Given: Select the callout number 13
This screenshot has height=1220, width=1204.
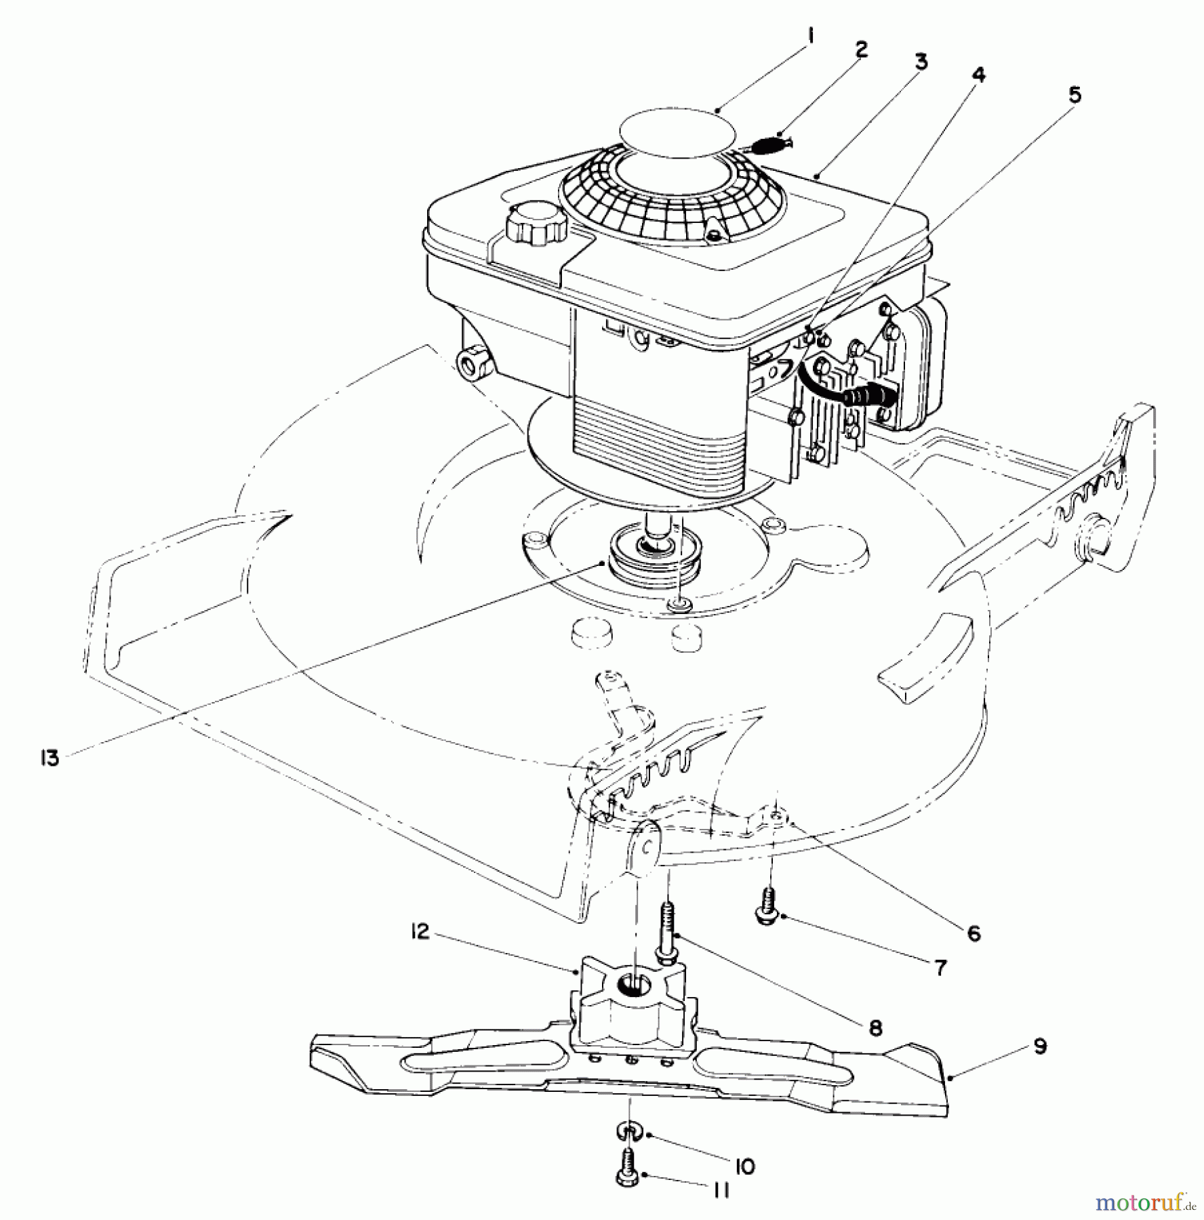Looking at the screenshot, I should pyautogui.click(x=49, y=757).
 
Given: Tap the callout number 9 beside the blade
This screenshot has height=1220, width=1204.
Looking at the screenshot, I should pyautogui.click(x=1039, y=1046).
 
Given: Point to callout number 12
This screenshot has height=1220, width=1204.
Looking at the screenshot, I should pyautogui.click(x=420, y=932).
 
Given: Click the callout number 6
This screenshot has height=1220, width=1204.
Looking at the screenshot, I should pyautogui.click(x=974, y=934).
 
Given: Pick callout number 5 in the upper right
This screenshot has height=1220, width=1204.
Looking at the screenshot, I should pyautogui.click(x=1075, y=96).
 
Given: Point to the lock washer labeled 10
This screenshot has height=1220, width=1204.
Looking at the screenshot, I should pyautogui.click(x=630, y=1130).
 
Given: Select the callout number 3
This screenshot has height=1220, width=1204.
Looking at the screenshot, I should pyautogui.click(x=920, y=62).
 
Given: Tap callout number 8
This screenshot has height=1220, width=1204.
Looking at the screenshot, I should pyautogui.click(x=875, y=1028).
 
